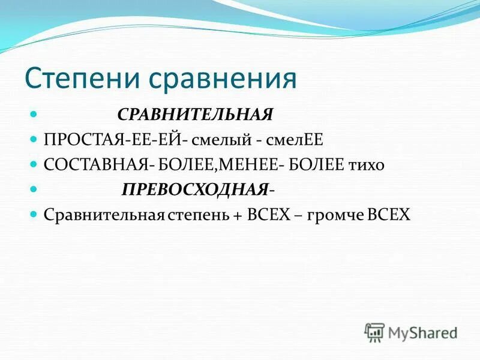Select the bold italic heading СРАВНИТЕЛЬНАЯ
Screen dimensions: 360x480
point(195,114)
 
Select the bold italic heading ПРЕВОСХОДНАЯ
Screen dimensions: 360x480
point(194,190)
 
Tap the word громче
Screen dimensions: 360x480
point(340,215)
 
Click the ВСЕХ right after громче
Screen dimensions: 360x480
point(390,215)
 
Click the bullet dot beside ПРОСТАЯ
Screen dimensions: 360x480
point(34,138)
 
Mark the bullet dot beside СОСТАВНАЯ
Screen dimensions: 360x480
point(34,163)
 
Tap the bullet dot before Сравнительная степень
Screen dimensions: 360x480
point(34,214)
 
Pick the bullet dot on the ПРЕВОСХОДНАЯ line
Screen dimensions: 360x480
point(34,188)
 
